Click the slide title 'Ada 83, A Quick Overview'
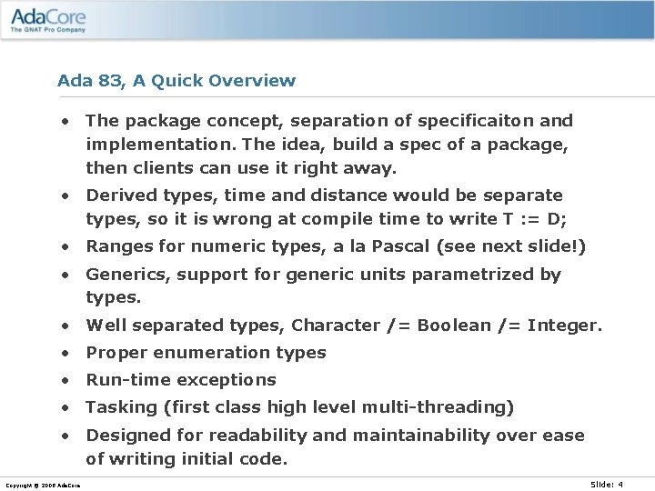pos(176,81)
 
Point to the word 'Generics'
pos(123,275)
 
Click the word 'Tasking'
pos(118,407)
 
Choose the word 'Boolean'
pos(454,326)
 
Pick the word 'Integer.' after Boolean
pos(565,326)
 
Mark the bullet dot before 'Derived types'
pos(66,195)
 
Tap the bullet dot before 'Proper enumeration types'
pos(66,353)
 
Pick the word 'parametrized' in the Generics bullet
pos(472,275)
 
